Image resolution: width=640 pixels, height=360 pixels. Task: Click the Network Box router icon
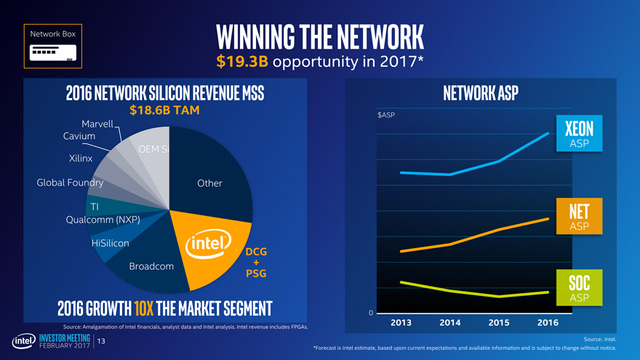(52, 53)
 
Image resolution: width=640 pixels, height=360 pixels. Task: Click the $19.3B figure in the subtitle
(243, 61)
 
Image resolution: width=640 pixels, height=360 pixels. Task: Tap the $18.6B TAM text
(164, 111)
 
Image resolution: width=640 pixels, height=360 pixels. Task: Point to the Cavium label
(79, 136)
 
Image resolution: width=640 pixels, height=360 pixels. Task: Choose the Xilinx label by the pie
(80, 158)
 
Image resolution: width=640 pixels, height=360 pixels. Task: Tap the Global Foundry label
(70, 183)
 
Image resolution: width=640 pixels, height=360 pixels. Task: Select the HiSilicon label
(110, 243)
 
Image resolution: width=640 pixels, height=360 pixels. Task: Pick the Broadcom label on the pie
(151, 266)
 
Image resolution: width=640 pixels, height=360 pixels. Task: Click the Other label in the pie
(209, 183)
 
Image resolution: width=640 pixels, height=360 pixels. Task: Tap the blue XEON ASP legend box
(579, 133)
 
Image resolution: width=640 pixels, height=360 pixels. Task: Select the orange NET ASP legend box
(579, 217)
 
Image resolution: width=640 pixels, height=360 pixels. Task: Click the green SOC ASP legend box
(579, 289)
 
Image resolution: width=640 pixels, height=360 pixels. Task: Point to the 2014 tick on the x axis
(450, 322)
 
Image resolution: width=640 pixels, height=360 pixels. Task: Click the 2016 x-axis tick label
(548, 322)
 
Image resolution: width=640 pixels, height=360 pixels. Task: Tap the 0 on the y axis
(371, 313)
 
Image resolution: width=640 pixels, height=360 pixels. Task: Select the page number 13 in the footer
(102, 341)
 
